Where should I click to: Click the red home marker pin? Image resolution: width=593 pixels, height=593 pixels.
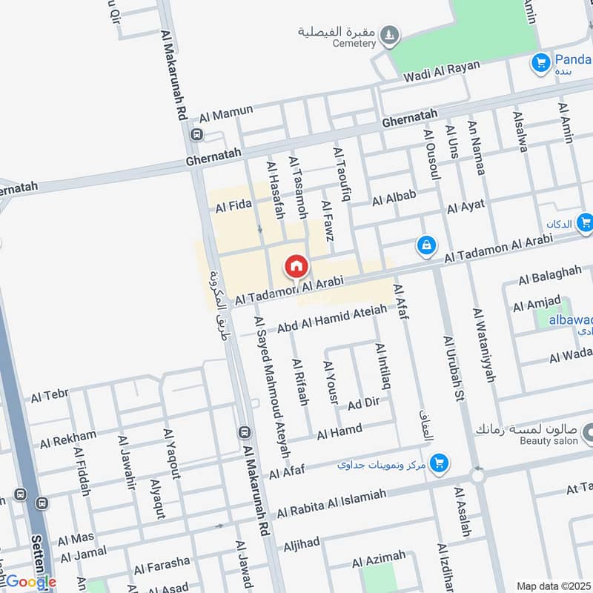[296, 266]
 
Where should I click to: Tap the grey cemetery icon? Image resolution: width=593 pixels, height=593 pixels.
[389, 34]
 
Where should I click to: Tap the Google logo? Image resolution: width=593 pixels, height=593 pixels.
[30, 582]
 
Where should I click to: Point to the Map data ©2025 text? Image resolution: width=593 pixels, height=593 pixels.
[554, 586]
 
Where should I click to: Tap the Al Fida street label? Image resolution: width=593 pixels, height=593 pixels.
[233, 204]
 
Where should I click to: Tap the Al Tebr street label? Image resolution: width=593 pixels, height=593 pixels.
[50, 397]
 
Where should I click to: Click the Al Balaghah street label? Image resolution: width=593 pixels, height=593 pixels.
[550, 275]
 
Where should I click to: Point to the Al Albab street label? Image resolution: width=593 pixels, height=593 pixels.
[394, 198]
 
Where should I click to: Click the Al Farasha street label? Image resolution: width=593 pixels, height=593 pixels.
[162, 566]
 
